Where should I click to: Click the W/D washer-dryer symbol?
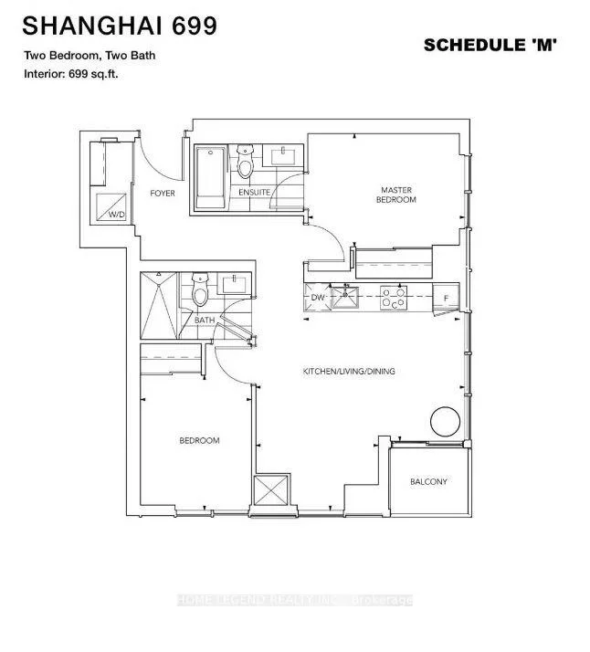(x=111, y=207)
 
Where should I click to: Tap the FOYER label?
(x=163, y=194)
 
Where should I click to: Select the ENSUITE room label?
(x=255, y=193)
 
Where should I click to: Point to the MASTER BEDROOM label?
(x=395, y=195)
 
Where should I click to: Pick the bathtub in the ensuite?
(x=211, y=177)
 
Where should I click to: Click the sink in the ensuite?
(x=283, y=156)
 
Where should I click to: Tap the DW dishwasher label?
(x=317, y=298)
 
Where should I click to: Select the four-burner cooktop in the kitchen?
(x=394, y=298)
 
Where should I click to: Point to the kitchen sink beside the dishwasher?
(x=344, y=297)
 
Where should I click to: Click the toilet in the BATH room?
(x=200, y=289)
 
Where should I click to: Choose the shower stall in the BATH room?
(x=159, y=305)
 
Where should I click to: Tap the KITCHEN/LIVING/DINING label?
(x=349, y=372)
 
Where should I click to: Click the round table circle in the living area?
(x=445, y=421)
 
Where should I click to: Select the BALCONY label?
(x=428, y=481)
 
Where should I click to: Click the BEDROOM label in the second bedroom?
(x=200, y=440)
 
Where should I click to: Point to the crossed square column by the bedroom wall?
(x=271, y=489)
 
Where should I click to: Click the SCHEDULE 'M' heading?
(x=490, y=45)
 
